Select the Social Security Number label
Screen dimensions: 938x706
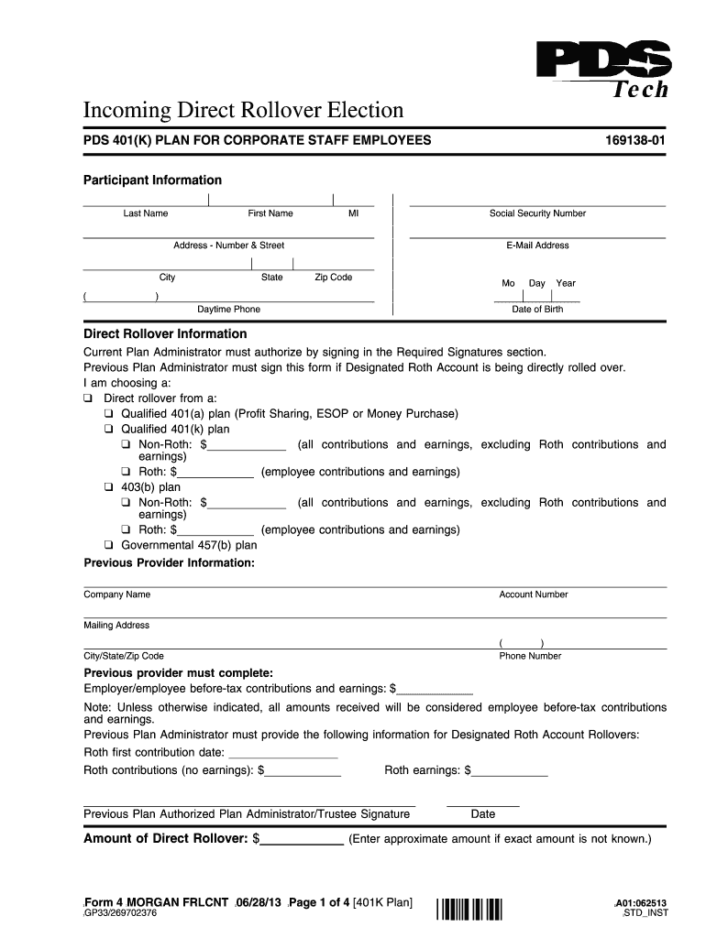537,213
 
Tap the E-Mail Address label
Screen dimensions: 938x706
537,245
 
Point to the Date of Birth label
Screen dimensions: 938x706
537,310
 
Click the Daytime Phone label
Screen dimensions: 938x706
228,310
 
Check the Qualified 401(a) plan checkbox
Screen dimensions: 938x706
108,414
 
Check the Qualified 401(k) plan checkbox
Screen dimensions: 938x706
108,430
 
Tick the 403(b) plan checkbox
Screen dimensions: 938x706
108,488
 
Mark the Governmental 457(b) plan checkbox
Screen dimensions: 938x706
108,545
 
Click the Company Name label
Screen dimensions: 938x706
117,594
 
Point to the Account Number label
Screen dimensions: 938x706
534,594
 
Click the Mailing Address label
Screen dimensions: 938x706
116,626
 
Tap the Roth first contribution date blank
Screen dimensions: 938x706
282,753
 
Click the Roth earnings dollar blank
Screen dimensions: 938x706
509,771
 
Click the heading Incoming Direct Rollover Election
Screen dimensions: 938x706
244,111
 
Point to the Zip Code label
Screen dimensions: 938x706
333,278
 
